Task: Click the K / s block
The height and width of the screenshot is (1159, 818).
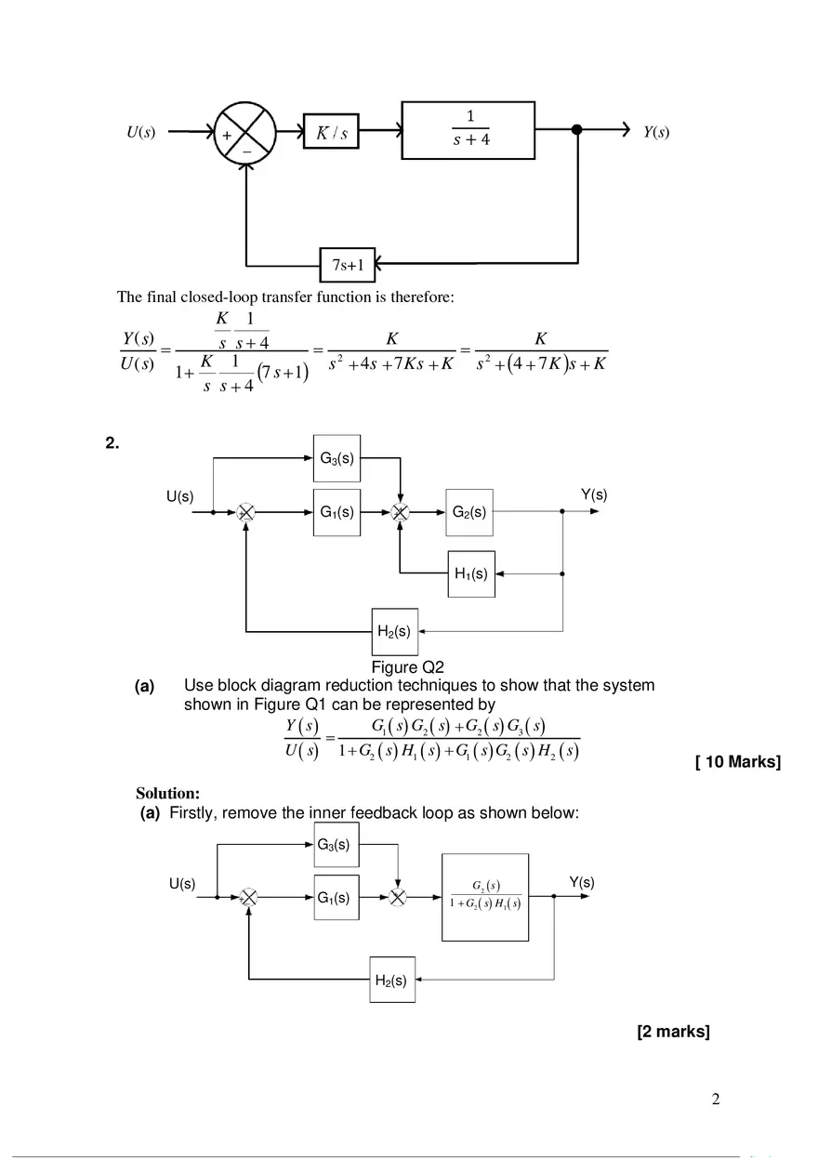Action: point(331,133)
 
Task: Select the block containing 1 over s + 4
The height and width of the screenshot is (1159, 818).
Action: point(468,131)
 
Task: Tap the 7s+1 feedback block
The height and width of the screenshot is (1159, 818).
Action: point(347,266)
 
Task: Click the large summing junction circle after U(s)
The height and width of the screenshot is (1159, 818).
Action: point(244,132)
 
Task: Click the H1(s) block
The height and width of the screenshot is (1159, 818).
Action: point(471,573)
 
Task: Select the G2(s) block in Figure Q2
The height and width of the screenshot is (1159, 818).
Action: point(468,511)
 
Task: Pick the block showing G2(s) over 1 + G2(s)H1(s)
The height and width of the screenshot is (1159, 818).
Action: point(483,897)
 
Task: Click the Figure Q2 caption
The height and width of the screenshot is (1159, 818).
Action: point(407,667)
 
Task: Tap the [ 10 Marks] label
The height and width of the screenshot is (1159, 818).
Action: point(737,763)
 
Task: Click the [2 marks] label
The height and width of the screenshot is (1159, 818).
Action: point(673,1032)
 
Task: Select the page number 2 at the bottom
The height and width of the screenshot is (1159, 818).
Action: point(715,1100)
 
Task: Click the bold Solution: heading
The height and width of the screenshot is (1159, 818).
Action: point(167,794)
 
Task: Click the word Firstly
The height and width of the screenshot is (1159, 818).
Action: point(194,813)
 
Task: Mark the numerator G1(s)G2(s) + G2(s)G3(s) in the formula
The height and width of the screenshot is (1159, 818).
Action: point(457,726)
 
